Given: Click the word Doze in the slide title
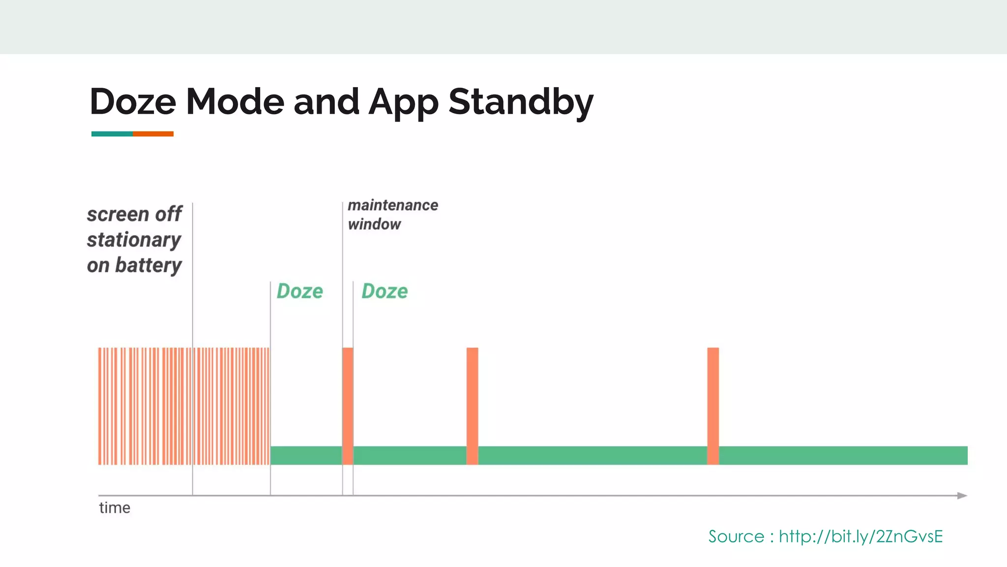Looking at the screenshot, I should pos(133,101).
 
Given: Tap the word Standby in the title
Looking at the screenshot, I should pos(521,101).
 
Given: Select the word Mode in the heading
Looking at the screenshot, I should pos(235,101).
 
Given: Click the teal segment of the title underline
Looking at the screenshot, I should pos(112,134).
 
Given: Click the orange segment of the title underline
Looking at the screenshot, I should pos(153,134).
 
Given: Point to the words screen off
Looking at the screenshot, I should pos(134,214).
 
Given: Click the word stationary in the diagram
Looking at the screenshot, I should pos(134,240).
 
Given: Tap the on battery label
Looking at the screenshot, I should pos(134,265).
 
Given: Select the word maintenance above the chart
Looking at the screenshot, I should pos(393,205).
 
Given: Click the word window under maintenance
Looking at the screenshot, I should pos(374,224).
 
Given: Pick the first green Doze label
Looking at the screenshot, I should pos(299,291).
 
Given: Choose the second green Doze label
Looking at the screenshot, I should pos(385,291).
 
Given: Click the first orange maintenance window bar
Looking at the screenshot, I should pos(348,406).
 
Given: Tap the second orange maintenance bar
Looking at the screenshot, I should pos(472,406).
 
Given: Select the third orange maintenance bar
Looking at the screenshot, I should pos(713,406).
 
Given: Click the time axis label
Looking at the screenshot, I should pos(115,507).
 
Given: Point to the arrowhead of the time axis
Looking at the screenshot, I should pos(962,496).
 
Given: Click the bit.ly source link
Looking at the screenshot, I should pos(860,536).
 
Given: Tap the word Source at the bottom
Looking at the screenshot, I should pos(736,536).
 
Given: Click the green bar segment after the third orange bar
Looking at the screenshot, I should pos(843,455).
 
